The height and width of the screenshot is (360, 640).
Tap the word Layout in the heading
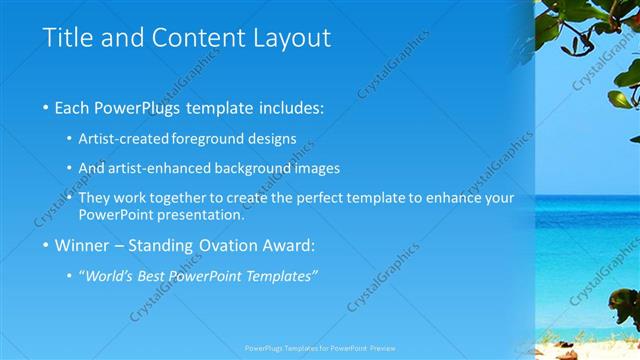click(x=290, y=39)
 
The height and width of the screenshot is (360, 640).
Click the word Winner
click(x=83, y=245)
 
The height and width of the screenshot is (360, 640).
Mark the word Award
click(x=288, y=245)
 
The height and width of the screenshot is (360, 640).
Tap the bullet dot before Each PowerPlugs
click(x=47, y=107)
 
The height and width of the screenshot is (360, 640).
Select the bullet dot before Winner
click(x=47, y=245)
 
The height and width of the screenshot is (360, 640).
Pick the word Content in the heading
click(x=197, y=39)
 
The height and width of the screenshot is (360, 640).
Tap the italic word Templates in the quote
click(x=284, y=275)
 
